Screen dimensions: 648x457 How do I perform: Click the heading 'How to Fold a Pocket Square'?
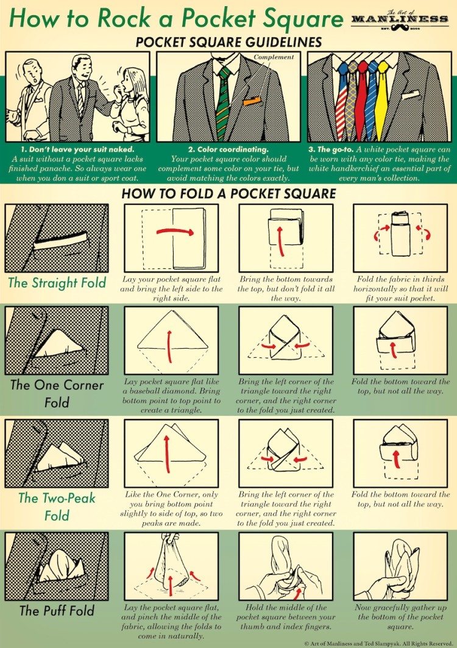tap(228, 194)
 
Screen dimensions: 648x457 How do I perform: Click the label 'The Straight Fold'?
tap(57, 283)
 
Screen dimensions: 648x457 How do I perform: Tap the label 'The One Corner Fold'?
tap(57, 394)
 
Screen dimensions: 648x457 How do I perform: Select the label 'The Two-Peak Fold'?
tap(57, 506)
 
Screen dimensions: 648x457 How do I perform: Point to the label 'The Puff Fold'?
tap(57, 610)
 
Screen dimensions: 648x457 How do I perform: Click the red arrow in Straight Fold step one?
tap(175, 232)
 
